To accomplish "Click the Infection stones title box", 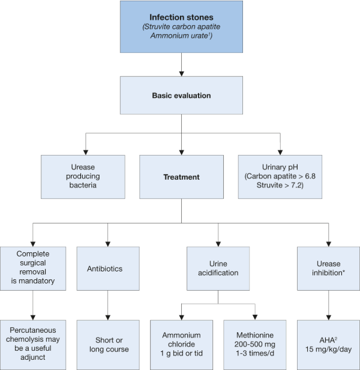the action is pos(181,26).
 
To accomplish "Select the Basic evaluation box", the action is pos(181,96).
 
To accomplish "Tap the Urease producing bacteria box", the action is pos(83,177).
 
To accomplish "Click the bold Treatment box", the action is pos(181,177).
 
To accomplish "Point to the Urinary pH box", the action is pos(280,177).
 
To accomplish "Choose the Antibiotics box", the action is pos(108,268).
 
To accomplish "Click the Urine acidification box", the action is pos(218,268).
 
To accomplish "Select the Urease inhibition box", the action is pos(328,268).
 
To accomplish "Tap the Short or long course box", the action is pos(108,345).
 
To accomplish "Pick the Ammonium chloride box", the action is pos(181,345).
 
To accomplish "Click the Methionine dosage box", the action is pos(255,345).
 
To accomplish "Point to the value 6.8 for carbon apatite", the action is pos(310,176).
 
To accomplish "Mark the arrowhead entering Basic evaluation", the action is pos(181,74).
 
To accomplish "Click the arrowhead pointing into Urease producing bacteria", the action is pos(86,153).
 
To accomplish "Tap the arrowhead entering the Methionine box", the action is pos(255,317).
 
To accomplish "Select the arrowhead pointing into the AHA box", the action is pos(329,317).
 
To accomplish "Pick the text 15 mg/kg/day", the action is pos(328,349).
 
